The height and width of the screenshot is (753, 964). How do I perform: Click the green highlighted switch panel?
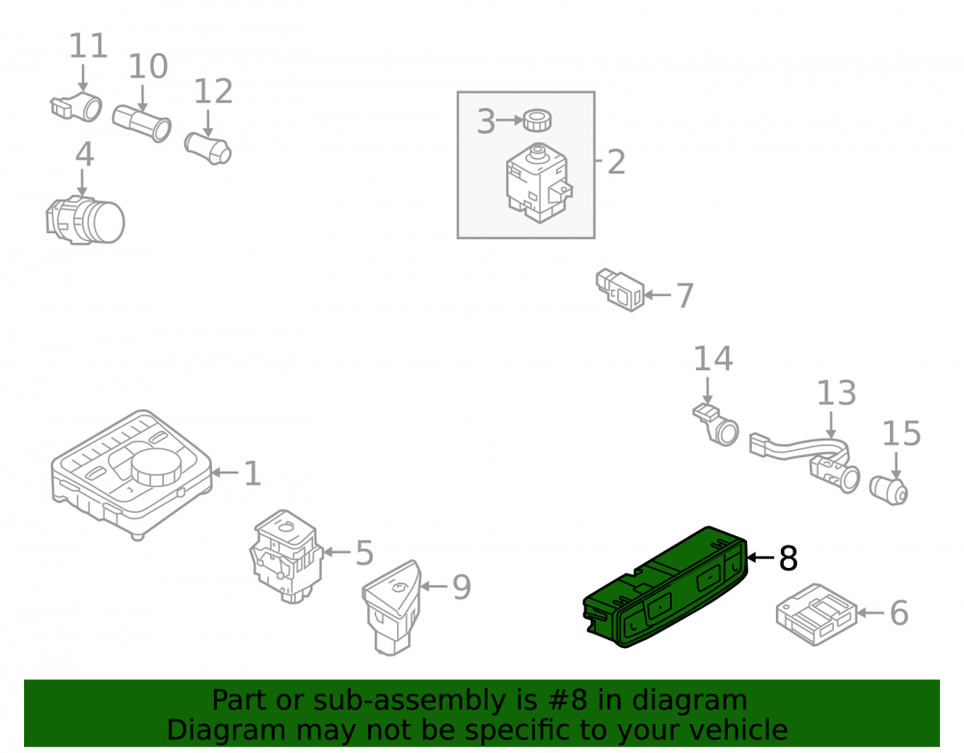click(x=665, y=587)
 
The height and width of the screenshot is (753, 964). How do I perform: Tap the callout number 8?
click(x=789, y=559)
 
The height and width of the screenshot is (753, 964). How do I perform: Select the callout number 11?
click(x=88, y=46)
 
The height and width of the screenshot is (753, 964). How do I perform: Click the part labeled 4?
click(x=85, y=221)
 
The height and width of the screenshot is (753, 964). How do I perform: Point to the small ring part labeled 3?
click(x=537, y=120)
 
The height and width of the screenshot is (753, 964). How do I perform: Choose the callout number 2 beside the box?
click(x=616, y=162)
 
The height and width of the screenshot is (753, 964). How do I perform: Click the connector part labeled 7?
click(x=620, y=289)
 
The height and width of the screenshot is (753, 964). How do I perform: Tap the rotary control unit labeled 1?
click(x=131, y=473)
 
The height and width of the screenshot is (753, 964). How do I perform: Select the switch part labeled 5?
click(x=286, y=555)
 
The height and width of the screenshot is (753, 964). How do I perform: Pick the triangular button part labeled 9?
click(x=391, y=606)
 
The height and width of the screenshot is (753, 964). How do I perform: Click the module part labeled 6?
click(x=816, y=614)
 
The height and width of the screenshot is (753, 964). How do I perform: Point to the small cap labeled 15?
click(x=889, y=490)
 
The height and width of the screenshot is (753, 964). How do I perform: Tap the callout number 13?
click(x=836, y=393)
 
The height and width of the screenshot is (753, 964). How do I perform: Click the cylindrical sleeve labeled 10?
click(x=142, y=123)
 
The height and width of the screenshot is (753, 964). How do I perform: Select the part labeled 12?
click(x=208, y=148)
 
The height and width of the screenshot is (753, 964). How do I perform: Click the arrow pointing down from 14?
click(x=707, y=391)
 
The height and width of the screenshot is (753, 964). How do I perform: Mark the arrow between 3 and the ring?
click(x=510, y=120)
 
